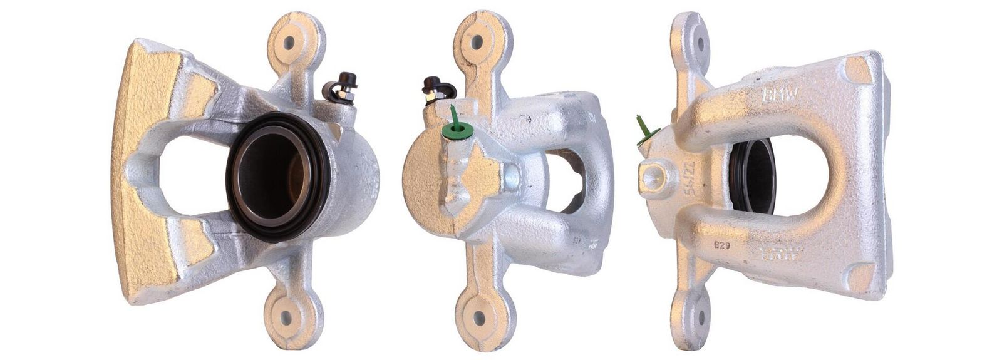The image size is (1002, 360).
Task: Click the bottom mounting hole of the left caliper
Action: pos(288,316)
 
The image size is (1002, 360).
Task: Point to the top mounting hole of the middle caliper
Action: pos(477,43)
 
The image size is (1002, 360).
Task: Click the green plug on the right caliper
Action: pos(646,132)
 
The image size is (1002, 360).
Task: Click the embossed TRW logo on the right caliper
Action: pos(780,254)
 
